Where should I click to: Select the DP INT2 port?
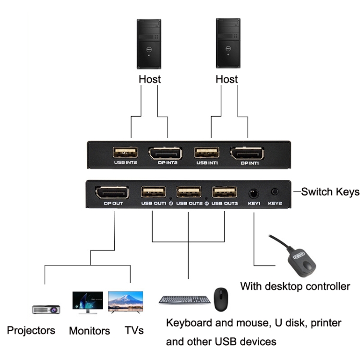pos(165,154)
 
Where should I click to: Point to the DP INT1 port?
pos(247,154)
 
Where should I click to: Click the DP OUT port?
pos(112,193)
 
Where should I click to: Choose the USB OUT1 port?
pos(153,192)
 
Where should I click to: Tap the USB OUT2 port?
pos(189,192)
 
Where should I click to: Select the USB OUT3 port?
pos(225,192)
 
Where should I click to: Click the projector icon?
pos(46,309)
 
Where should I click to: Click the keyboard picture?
pos(185,300)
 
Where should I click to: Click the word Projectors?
pos(31,330)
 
